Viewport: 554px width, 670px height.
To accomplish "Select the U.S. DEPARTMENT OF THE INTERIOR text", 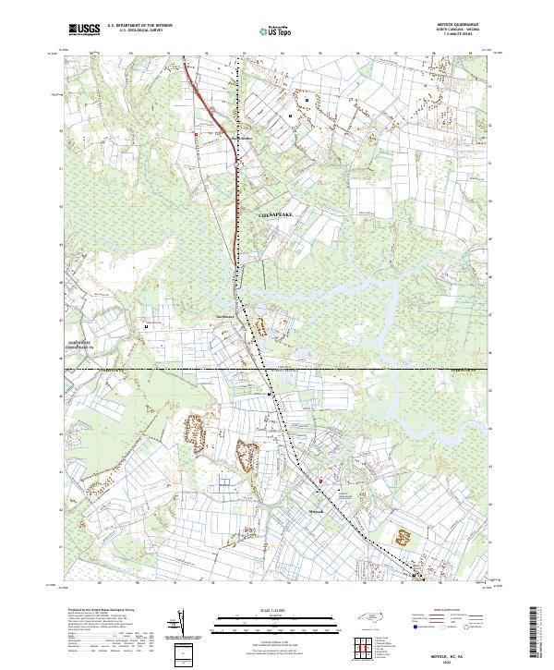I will (138, 26).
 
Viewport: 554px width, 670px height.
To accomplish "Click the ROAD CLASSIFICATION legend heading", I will (444, 611).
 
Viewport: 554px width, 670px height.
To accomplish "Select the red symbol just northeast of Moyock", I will (320, 480).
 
